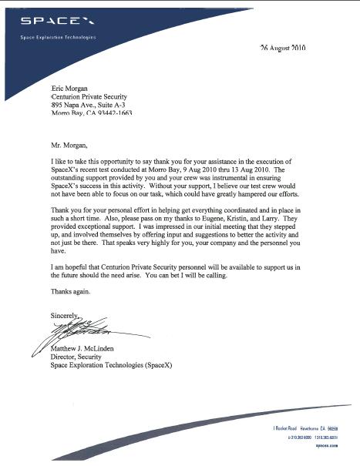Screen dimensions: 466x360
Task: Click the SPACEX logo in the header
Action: [x=45, y=22]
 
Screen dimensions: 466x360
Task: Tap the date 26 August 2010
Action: [x=283, y=48]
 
